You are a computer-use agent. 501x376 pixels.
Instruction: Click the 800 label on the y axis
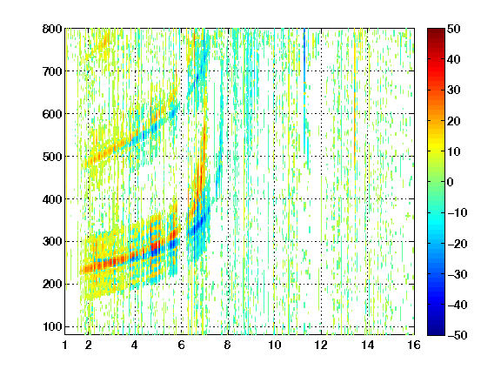pyautogui.click(x=52, y=29)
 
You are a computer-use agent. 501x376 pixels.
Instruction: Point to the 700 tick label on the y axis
pyautogui.click(x=52, y=71)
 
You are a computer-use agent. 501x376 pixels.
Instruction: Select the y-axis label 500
pyautogui.click(x=52, y=157)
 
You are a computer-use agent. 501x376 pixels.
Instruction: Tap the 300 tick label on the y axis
pyautogui.click(x=52, y=241)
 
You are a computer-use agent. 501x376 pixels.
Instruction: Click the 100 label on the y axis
pyautogui.click(x=52, y=326)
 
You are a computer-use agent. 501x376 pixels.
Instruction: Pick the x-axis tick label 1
pyautogui.click(x=65, y=345)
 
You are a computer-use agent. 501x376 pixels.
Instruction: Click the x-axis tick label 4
pyautogui.click(x=135, y=345)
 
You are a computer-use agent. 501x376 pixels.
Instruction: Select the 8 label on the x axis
pyautogui.click(x=228, y=345)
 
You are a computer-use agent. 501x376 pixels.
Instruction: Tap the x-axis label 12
pyautogui.click(x=321, y=345)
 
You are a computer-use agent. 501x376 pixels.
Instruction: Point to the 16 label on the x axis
pyautogui.click(x=414, y=345)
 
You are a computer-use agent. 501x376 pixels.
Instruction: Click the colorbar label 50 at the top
pyautogui.click(x=454, y=29)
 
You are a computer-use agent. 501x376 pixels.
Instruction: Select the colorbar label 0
pyautogui.click(x=451, y=182)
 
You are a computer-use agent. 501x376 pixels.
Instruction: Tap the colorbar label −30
pyautogui.click(x=458, y=274)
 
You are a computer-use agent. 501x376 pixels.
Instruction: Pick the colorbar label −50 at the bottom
pyautogui.click(x=458, y=335)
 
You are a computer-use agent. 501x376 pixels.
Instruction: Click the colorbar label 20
pyautogui.click(x=454, y=121)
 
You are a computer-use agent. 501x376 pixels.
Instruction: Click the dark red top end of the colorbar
pyautogui.click(x=436, y=30)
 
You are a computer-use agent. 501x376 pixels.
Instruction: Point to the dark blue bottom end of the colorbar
pyautogui.click(x=436, y=332)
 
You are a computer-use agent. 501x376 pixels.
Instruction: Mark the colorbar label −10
pyautogui.click(x=458, y=213)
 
